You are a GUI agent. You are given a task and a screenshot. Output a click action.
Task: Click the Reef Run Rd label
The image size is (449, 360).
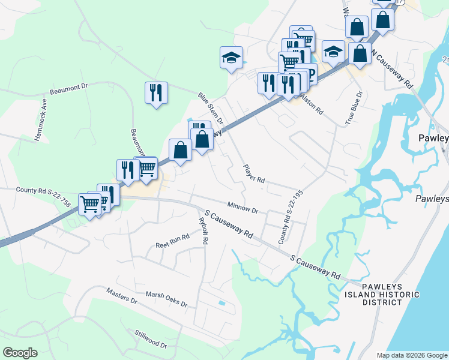172,241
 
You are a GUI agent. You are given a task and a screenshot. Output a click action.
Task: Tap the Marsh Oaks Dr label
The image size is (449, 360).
166,296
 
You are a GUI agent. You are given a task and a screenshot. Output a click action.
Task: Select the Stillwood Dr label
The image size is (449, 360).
151,339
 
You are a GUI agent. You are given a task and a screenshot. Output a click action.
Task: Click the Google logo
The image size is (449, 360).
20,352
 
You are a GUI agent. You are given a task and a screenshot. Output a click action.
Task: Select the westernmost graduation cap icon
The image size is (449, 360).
231,58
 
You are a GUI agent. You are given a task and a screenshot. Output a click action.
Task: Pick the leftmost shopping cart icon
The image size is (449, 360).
90,203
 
